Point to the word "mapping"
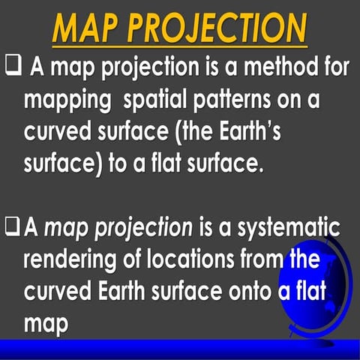pos(64,100)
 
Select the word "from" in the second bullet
pos(271,259)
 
